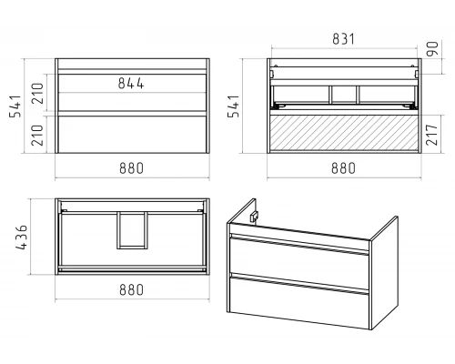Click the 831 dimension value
[x=343, y=39]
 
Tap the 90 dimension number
[x=432, y=49]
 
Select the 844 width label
[x=131, y=84]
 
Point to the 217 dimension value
[x=432, y=135]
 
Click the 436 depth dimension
[x=22, y=238]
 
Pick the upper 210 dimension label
[x=38, y=93]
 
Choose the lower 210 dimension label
[x=38, y=135]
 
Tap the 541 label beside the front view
[x=15, y=106]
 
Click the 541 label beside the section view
[x=234, y=106]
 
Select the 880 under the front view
[x=131, y=168]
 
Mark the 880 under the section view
[x=343, y=168]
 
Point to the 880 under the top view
[x=131, y=289]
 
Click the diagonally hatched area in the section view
[x=344, y=132]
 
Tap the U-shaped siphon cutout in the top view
[x=119, y=230]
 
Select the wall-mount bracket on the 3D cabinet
[x=254, y=216]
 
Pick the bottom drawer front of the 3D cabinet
[x=299, y=300]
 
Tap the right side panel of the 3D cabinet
[x=384, y=273]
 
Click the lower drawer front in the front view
[x=132, y=134]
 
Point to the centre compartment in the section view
[x=344, y=95]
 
